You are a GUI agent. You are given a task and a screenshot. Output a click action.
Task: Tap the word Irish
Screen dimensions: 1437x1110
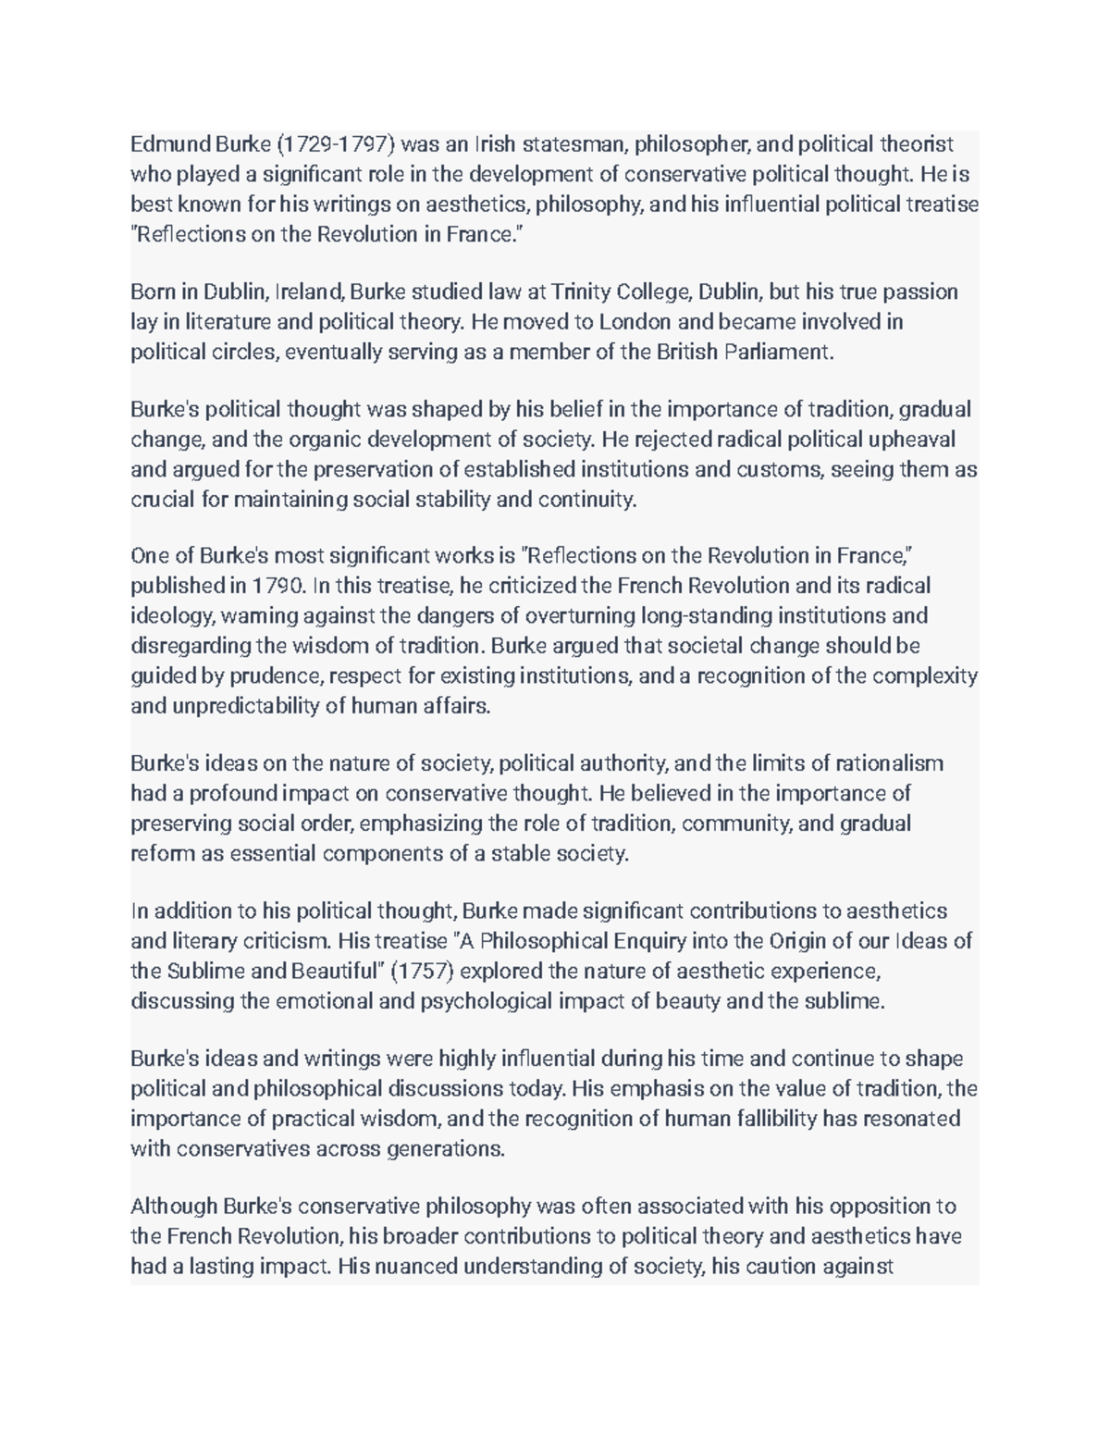496,144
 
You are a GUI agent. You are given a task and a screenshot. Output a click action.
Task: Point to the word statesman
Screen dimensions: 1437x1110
575,144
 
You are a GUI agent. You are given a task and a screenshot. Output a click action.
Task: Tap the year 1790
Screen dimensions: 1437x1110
278,586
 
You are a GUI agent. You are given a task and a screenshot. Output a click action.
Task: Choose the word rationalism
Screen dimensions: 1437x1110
889,763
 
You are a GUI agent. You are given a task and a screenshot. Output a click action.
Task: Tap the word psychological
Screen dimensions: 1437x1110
488,1001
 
